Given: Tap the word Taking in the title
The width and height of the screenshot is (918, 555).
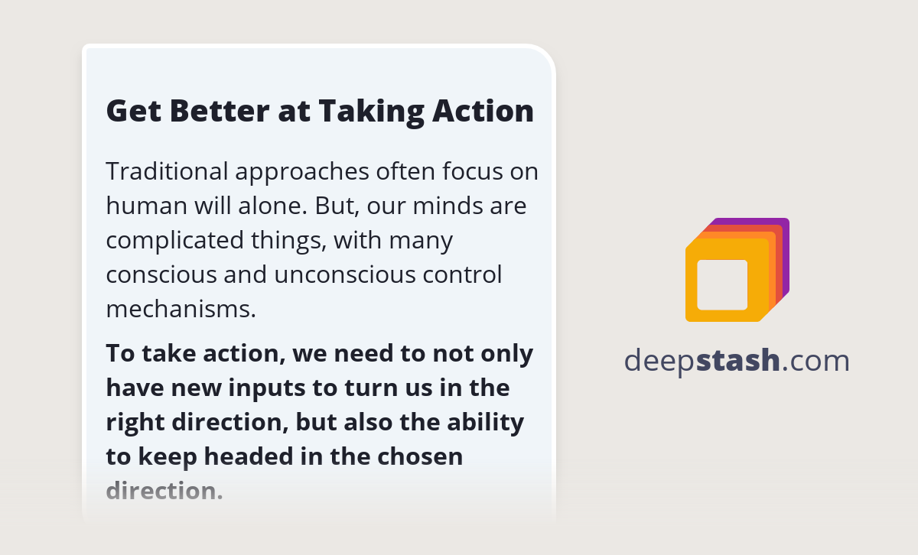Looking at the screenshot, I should (x=361, y=111).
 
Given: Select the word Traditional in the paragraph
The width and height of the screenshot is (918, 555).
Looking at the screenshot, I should (x=167, y=171).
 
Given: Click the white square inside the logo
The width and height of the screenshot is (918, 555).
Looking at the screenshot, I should (x=722, y=284).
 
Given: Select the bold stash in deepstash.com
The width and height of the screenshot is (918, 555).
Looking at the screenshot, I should (x=738, y=360).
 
